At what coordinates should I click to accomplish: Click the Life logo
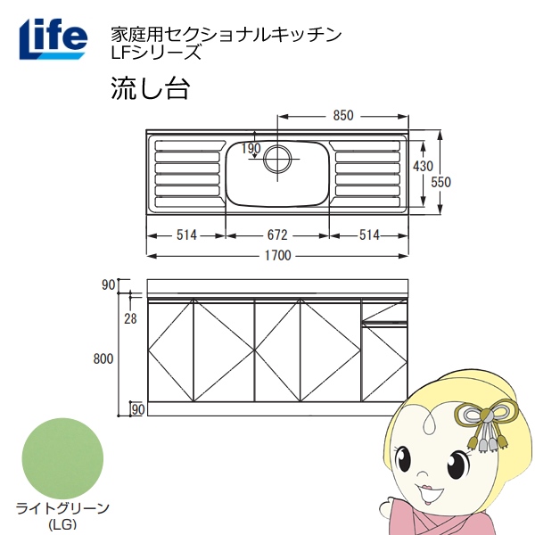tap(53, 39)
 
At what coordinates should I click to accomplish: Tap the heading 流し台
tap(150, 88)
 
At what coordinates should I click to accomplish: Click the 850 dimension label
tap(343, 116)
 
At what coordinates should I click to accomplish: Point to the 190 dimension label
tap(251, 148)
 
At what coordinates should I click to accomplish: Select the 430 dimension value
tap(423, 166)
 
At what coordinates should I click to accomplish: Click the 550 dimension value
tap(440, 182)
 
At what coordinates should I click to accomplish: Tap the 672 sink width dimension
tap(277, 235)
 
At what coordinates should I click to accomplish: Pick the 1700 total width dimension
tap(278, 255)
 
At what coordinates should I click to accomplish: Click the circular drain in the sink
tap(277, 159)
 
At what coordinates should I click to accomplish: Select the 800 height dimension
tap(103, 358)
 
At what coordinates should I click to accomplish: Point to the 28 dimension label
tap(130, 318)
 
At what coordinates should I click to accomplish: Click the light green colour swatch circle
tap(62, 458)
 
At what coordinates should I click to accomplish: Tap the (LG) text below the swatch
tap(62, 524)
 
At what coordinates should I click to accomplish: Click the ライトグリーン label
tap(62, 509)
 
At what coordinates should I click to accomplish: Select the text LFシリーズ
tap(155, 53)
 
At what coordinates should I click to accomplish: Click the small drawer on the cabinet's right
tap(384, 310)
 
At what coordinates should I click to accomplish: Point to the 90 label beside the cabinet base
tap(138, 409)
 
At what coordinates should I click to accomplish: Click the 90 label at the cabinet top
tap(108, 284)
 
